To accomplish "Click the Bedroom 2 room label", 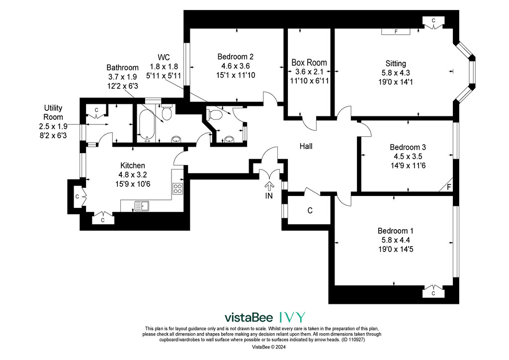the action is (235, 57).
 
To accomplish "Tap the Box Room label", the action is (309, 62).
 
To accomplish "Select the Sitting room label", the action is (396, 63).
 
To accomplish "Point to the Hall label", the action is (306, 146).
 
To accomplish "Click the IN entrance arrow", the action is (269, 186).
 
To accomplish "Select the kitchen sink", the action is (142, 206).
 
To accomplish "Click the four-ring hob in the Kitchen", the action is (177, 188).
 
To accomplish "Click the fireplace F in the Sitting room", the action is (396, 31).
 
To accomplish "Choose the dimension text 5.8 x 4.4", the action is (395, 240).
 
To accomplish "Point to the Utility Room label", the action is (53, 112).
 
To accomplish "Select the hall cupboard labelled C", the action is (310, 210).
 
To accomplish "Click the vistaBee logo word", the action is (249, 317).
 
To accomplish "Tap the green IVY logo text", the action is (292, 317).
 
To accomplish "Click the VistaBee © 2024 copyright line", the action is (269, 347).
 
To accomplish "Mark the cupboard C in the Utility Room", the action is (96, 110).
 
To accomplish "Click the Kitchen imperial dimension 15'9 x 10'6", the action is (133, 184).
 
